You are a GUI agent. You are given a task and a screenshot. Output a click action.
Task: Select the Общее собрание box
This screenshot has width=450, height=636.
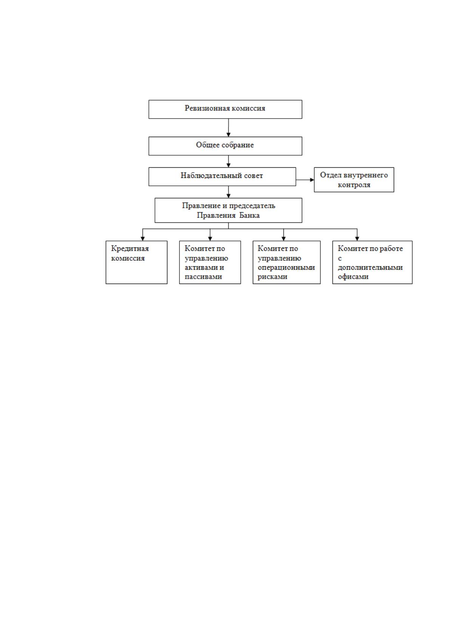point(225,146)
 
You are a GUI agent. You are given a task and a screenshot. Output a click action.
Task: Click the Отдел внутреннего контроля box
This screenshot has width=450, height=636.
point(354,180)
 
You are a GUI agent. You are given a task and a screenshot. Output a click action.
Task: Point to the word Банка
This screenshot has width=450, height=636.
point(249,215)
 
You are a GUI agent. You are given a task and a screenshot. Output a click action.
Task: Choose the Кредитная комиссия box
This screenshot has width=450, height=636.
point(136,262)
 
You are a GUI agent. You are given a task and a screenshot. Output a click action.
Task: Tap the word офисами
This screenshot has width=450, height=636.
point(353,277)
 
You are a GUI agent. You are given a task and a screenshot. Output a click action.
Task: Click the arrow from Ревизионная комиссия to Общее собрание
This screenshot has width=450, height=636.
point(229,128)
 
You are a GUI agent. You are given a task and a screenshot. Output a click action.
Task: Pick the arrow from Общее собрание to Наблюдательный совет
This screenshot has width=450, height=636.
point(229,161)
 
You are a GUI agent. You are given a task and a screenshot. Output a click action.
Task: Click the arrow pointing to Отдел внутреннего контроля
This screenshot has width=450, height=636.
point(305,180)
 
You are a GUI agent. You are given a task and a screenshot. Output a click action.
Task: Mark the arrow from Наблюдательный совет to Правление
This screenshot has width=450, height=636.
point(229,192)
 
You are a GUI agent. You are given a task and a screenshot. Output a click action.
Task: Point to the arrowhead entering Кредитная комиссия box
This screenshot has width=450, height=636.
point(142,239)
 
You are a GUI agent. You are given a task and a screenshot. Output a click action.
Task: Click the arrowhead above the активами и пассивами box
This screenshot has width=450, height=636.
point(210,239)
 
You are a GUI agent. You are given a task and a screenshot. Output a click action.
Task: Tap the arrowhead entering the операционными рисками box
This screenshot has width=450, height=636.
point(283,239)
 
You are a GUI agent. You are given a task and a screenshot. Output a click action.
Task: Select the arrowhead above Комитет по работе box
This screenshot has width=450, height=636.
point(357,239)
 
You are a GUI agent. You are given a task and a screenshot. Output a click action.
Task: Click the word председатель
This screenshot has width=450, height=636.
point(252,205)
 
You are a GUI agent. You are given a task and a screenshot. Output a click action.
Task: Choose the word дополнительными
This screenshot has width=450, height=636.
point(370,267)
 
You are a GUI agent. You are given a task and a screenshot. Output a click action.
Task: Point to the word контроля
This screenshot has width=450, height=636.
point(354,185)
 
